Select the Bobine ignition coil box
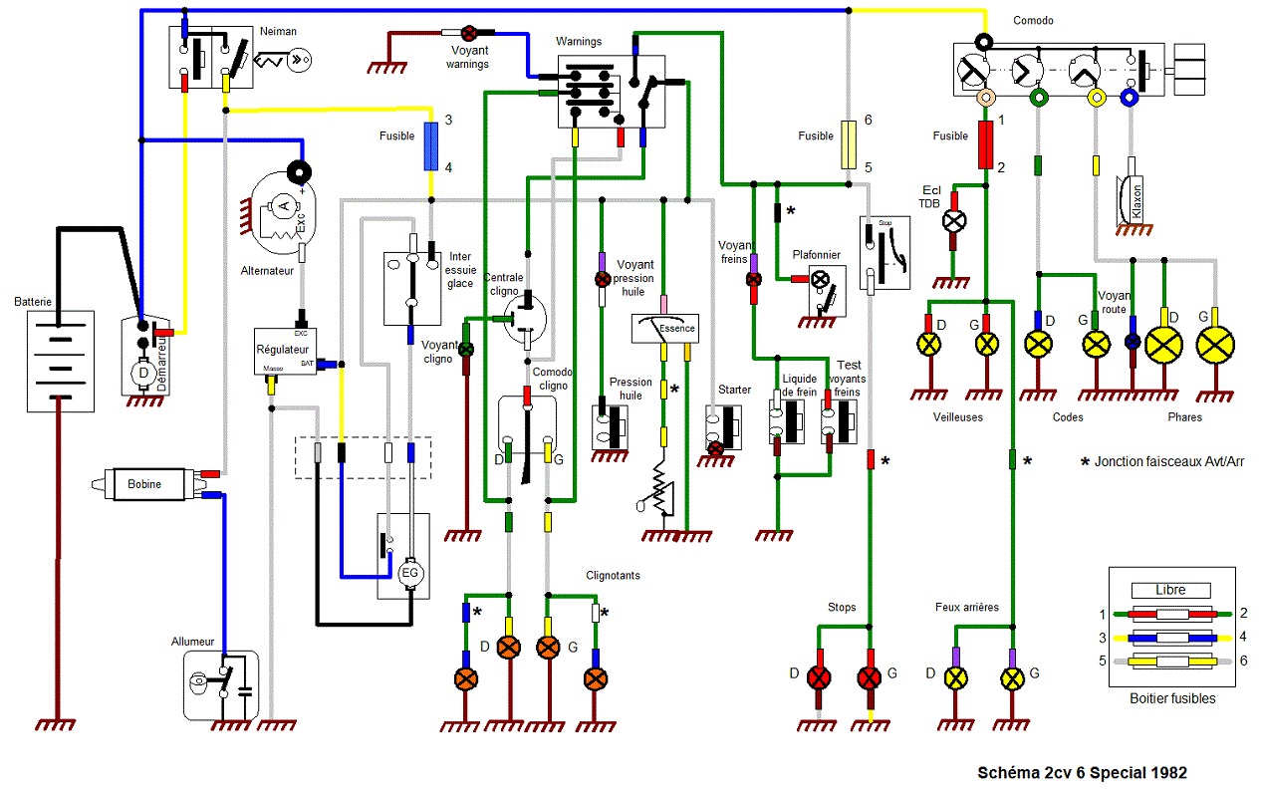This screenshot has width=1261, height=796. pos(144,483)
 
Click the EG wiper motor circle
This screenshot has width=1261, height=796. pos(409,574)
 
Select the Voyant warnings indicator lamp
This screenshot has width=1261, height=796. pos(467,33)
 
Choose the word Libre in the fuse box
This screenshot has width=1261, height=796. pos(1170,590)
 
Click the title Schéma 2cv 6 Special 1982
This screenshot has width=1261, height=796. pos(1082,772)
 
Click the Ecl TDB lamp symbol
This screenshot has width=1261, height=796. pos(954,220)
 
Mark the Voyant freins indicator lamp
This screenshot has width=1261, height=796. pos(754,280)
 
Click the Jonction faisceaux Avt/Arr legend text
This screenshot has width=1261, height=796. pos(1164,461)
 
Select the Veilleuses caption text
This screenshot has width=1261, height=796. pos(957,417)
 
